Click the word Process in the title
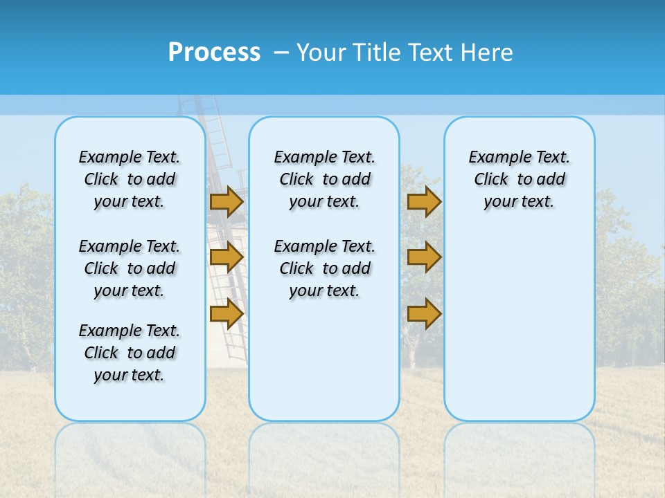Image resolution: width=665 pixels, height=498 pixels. click(x=214, y=53)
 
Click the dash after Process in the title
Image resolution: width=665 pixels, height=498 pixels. click(x=281, y=53)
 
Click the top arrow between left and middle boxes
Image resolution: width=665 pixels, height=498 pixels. click(x=227, y=201)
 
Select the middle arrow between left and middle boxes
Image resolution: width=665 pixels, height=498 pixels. click(x=227, y=258)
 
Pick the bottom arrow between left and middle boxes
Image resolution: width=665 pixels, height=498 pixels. click(x=227, y=314)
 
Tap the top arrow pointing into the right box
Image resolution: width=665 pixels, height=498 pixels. click(x=424, y=201)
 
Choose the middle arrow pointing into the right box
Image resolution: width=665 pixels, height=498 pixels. click(x=424, y=258)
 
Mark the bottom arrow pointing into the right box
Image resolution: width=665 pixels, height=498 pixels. click(x=424, y=314)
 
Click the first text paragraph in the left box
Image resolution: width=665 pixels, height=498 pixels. click(x=130, y=179)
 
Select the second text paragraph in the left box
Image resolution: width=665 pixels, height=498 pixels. click(x=130, y=268)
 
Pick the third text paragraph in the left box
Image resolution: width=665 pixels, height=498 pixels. click(x=130, y=353)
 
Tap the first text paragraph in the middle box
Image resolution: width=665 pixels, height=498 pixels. click(x=324, y=179)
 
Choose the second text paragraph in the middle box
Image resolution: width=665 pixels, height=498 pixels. click(x=324, y=268)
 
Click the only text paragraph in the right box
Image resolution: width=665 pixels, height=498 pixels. click(x=519, y=179)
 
